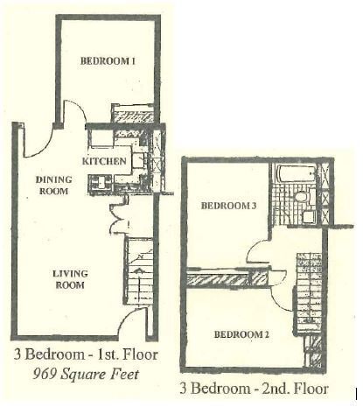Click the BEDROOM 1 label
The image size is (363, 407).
pyautogui.click(x=108, y=61)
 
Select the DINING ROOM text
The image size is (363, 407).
pyautogui.click(x=52, y=186)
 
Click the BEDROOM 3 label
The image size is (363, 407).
pyautogui.click(x=227, y=207)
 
